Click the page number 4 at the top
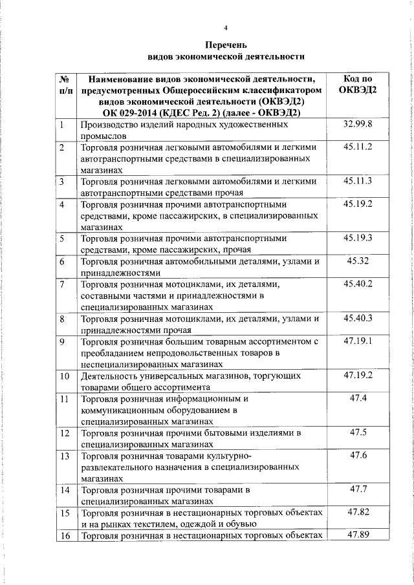(226, 28)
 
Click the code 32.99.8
(358, 124)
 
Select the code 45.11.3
(358, 182)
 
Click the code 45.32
(358, 261)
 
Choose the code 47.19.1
(358, 341)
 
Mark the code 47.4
(358, 398)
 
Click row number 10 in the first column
(65, 376)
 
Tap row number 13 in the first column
(65, 456)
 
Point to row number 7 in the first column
(62, 284)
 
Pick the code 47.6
(358, 455)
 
